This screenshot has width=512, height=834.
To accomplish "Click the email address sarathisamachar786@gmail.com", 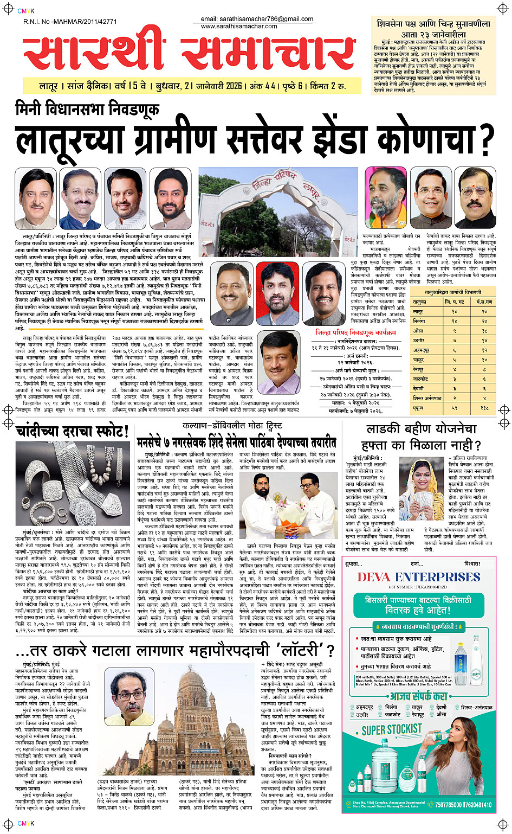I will (257, 19).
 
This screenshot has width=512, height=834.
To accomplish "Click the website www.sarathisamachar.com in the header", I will (239, 26).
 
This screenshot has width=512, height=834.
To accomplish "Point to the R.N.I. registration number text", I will (70, 22).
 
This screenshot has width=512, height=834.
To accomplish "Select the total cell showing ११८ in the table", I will (484, 407).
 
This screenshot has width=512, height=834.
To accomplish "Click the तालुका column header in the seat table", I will (419, 301).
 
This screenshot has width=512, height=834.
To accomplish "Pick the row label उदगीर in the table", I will (419, 341).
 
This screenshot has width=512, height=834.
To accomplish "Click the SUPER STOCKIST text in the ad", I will (392, 729).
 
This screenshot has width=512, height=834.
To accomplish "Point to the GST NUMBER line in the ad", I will (418, 587).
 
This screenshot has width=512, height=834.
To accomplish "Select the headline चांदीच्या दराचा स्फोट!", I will (72, 432).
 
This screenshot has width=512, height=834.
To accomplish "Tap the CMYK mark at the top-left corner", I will (25, 10).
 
